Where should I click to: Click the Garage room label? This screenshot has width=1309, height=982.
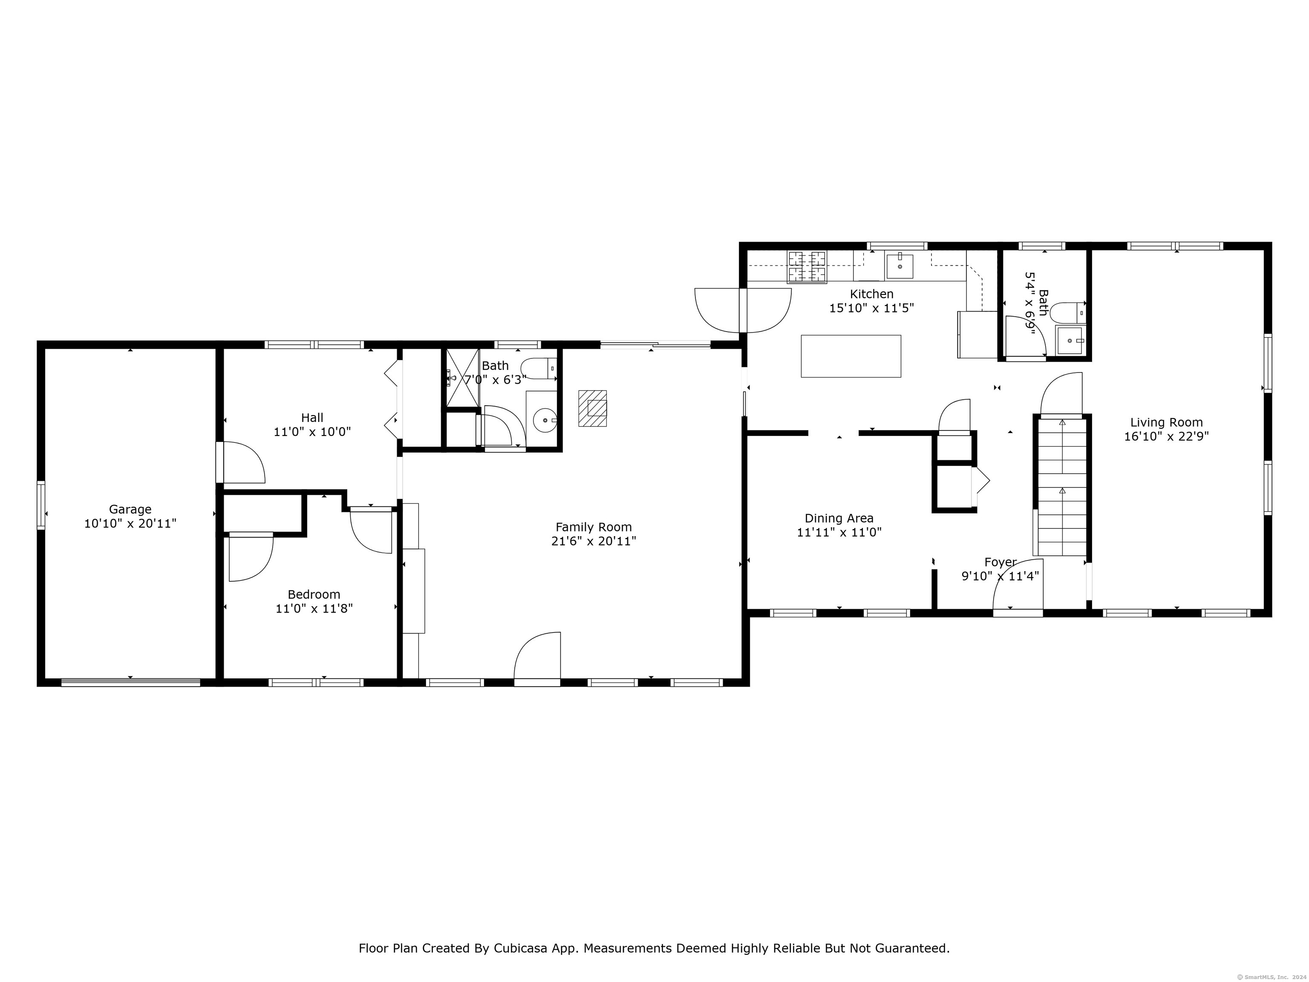(x=130, y=509)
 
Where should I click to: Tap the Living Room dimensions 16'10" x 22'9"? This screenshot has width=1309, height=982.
(x=1166, y=437)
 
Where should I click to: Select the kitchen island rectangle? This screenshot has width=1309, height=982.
(x=851, y=356)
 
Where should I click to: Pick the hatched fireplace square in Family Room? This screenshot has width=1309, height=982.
(x=592, y=408)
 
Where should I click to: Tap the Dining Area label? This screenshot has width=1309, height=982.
(x=839, y=519)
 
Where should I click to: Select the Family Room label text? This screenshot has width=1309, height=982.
(x=594, y=527)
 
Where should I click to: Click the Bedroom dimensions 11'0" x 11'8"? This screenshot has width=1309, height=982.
(x=314, y=609)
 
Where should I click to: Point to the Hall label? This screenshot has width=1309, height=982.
(x=312, y=418)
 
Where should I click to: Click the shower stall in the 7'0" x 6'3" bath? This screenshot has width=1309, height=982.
(x=462, y=378)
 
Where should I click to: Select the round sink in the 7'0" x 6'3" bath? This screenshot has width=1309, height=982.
(x=545, y=421)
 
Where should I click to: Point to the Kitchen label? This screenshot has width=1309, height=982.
(x=872, y=294)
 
